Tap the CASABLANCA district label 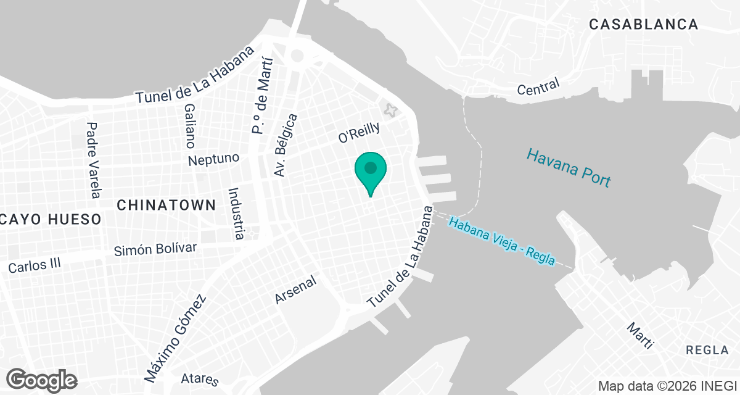[x=644, y=25]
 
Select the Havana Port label [x=569, y=167]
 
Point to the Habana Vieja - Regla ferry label [x=502, y=241]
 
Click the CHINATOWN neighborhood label [x=166, y=205]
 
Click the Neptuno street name [x=214, y=159]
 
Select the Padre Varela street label [x=93, y=160]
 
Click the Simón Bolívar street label [x=156, y=249]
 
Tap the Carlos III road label [x=35, y=266]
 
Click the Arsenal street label [x=296, y=289]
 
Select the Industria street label [x=234, y=214]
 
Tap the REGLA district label [x=707, y=350]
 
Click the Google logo [x=42, y=380]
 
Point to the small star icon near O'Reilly [x=390, y=110]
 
